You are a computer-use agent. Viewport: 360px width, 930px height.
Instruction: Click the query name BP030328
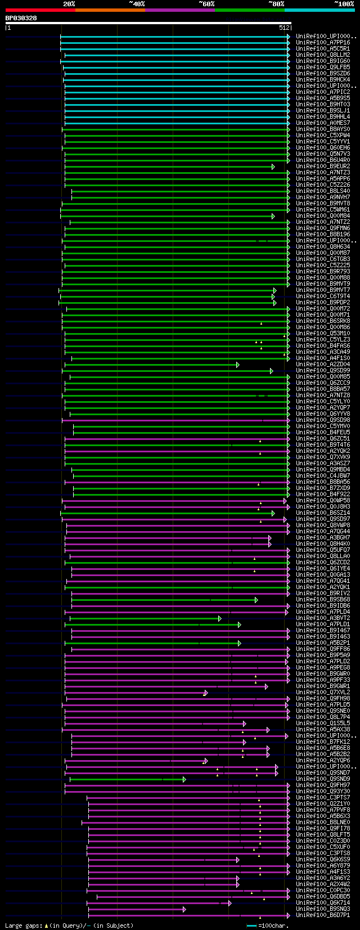pyautogui.click(x=21, y=18)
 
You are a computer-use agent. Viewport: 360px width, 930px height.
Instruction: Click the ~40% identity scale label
pyautogui.click(x=137, y=4)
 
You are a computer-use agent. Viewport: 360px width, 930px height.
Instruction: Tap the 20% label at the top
pyautogui.click(x=69, y=4)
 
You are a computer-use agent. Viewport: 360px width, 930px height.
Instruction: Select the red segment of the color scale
pyautogui.click(x=40, y=10)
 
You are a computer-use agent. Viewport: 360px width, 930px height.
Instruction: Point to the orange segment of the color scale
pyautogui.click(x=110, y=10)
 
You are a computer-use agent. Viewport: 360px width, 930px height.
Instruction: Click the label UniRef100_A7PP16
pyautogui.click(x=323, y=42)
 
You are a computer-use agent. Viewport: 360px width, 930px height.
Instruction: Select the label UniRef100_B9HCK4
pyautogui.click(x=323, y=79)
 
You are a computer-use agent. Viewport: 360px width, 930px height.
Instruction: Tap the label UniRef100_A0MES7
pyautogui.click(x=323, y=123)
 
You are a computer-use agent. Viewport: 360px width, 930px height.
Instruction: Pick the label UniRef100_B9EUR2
pyautogui.click(x=323, y=166)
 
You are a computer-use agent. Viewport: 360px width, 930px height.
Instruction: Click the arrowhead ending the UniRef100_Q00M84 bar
pyautogui.click(x=273, y=216)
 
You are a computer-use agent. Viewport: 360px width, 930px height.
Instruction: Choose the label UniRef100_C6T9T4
pyautogui.click(x=323, y=296)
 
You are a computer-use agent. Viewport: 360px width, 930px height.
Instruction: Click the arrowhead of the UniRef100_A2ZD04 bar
pyautogui.click(x=238, y=365)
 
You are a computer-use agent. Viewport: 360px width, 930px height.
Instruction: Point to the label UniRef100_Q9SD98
pyautogui.click(x=323, y=420)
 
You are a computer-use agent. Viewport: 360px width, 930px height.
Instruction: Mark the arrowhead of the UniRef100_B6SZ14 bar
pyautogui.click(x=273, y=513)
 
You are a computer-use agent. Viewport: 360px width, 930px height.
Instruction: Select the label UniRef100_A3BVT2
pyautogui.click(x=323, y=618)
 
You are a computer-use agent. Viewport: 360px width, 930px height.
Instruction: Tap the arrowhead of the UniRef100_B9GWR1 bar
pyautogui.click(x=266, y=686)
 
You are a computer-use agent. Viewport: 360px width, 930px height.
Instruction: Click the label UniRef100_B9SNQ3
pyautogui.click(x=323, y=909)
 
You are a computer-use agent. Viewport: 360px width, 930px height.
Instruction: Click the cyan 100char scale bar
pyautogui.click(x=251, y=925)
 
